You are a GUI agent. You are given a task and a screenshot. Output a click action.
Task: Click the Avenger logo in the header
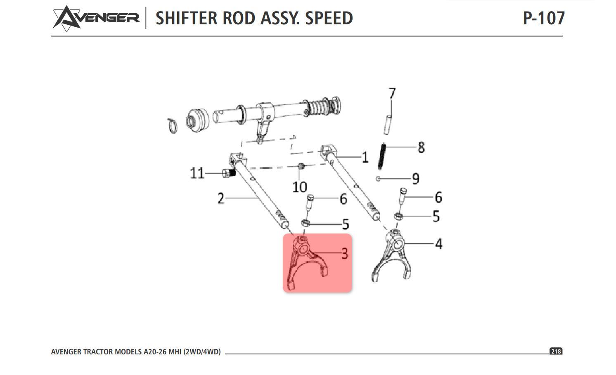click(x=96, y=18)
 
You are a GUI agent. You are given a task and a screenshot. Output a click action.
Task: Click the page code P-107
click(x=543, y=18)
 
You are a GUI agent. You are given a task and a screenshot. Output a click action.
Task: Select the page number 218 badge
click(x=556, y=351)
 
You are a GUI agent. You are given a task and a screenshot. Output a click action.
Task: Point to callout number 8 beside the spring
click(x=421, y=147)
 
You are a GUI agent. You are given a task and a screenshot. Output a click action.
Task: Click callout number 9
click(x=416, y=179)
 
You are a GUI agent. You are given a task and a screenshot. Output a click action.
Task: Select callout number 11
click(x=197, y=173)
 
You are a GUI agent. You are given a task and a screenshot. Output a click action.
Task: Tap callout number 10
click(x=299, y=187)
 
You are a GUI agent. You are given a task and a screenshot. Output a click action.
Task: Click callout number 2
click(x=221, y=198)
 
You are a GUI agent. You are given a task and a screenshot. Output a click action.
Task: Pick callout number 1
click(x=365, y=157)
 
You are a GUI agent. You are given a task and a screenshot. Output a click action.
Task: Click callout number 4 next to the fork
click(x=438, y=244)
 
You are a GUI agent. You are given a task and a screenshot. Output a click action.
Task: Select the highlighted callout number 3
click(x=345, y=253)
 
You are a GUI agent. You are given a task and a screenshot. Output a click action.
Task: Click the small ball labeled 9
click(x=378, y=179)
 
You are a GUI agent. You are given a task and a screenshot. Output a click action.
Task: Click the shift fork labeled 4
click(x=392, y=256)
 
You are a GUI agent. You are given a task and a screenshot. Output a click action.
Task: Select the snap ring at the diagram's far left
click(x=172, y=125)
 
